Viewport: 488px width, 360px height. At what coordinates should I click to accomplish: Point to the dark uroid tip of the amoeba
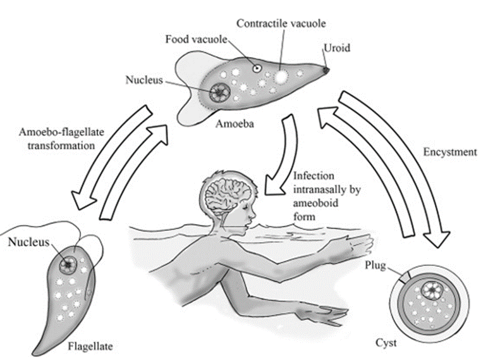pyautogui.click(x=326, y=70)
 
